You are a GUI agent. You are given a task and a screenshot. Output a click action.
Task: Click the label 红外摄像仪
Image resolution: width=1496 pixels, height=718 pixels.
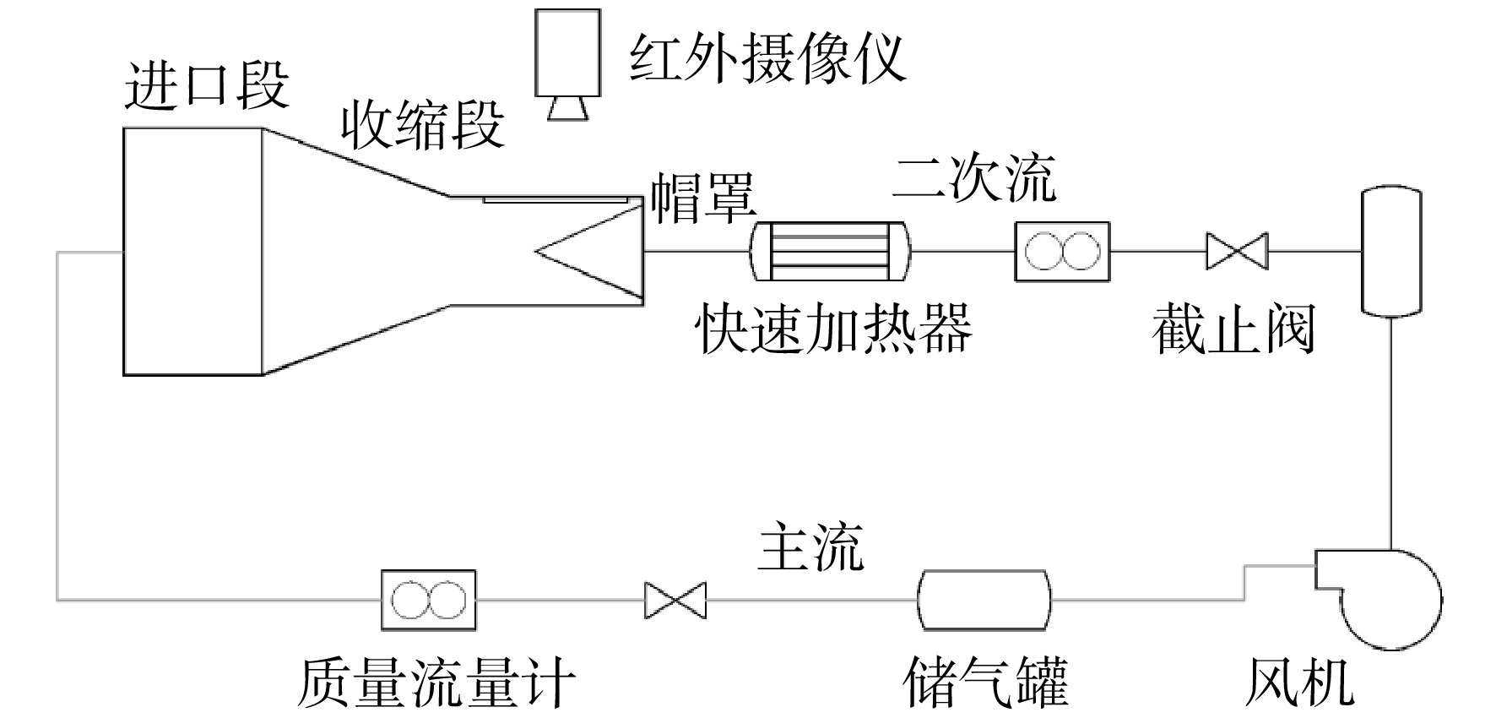767,57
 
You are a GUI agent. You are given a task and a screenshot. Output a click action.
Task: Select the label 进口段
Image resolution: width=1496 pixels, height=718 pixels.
207,84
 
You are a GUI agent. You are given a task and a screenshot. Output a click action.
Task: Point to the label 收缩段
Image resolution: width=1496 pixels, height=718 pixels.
423,124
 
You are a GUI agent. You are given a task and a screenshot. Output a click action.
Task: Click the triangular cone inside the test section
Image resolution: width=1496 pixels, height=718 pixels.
590,252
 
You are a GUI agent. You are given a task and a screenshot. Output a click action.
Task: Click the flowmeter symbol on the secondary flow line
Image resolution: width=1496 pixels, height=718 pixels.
1062,251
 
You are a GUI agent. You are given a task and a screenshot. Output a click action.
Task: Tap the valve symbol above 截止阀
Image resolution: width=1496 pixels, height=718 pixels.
1237,251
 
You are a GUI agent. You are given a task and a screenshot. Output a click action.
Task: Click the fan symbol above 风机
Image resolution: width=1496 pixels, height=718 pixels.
1376,598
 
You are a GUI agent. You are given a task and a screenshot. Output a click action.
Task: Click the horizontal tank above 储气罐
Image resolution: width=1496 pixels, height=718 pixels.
985,600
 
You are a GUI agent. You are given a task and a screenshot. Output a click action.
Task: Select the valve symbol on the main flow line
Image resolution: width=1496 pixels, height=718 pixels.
675,600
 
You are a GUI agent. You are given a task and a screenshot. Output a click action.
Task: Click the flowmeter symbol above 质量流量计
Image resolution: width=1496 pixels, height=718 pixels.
428,600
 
